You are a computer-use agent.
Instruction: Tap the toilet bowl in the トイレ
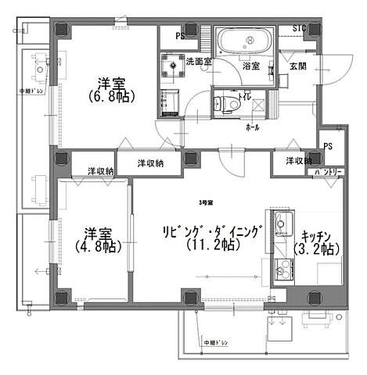[x=227, y=101]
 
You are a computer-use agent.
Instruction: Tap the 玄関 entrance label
[x=297, y=67]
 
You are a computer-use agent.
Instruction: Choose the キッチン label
[x=315, y=234]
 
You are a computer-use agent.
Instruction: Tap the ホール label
[x=252, y=126]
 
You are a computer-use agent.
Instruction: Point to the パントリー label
[x=326, y=170]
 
